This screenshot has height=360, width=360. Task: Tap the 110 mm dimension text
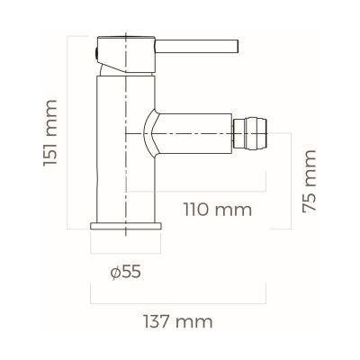point(216,211)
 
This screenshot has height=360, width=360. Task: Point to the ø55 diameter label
point(126,269)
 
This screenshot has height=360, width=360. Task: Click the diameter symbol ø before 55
point(115,269)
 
